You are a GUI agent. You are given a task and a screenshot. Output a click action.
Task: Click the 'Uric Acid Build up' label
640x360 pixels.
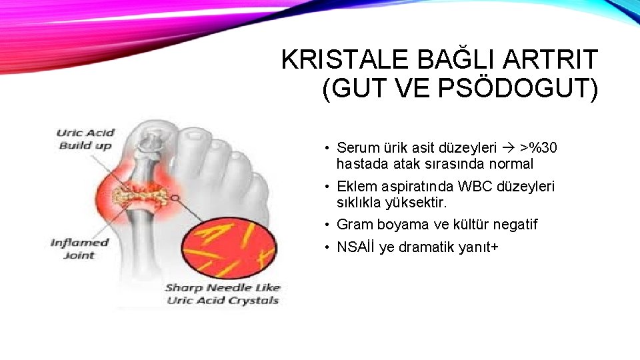pyautogui.click(x=85, y=139)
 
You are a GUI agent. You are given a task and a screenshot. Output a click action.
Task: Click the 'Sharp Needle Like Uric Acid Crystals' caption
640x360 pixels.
pyautogui.click(x=223, y=294)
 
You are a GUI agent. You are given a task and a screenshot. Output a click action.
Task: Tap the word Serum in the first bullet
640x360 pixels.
pyautogui.click(x=357, y=147)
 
